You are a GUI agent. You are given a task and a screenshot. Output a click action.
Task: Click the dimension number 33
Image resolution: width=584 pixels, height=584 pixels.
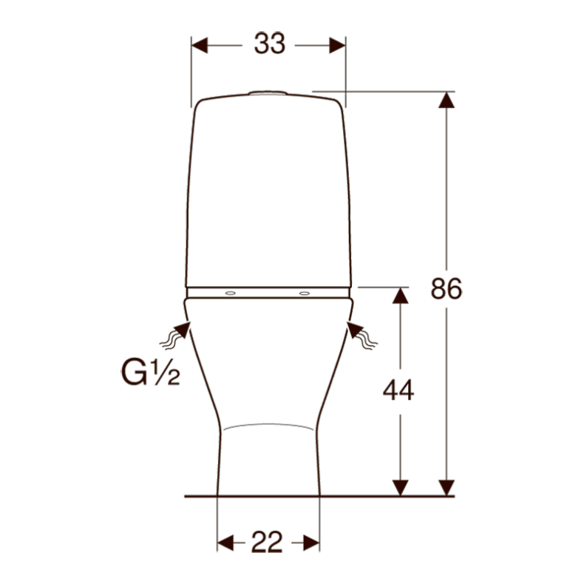pyautogui.click(x=270, y=44)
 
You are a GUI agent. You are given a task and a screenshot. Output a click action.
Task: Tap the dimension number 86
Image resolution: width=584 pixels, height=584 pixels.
pyautogui.click(x=447, y=288)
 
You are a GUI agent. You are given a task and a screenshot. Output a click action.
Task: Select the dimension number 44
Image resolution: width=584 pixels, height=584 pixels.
pyautogui.click(x=398, y=390)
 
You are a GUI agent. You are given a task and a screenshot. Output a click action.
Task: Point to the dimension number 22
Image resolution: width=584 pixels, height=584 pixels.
pyautogui.click(x=267, y=542)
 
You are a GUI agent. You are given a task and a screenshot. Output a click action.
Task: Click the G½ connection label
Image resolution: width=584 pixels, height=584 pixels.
pyautogui.click(x=150, y=372)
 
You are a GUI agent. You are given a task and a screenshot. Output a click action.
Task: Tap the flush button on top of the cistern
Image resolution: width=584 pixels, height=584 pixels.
pyautogui.click(x=268, y=92)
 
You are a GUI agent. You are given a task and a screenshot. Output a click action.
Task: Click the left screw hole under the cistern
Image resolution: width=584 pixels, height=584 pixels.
pyautogui.click(x=230, y=293)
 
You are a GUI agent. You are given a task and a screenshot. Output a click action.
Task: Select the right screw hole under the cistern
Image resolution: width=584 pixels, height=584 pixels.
pyautogui.click(x=305, y=293)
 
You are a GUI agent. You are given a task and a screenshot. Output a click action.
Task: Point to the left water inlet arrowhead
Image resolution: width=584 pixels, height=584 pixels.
pyautogui.click(x=183, y=330)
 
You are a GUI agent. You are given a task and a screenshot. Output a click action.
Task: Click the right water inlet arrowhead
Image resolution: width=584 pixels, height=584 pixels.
pyautogui.click(x=355, y=330)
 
